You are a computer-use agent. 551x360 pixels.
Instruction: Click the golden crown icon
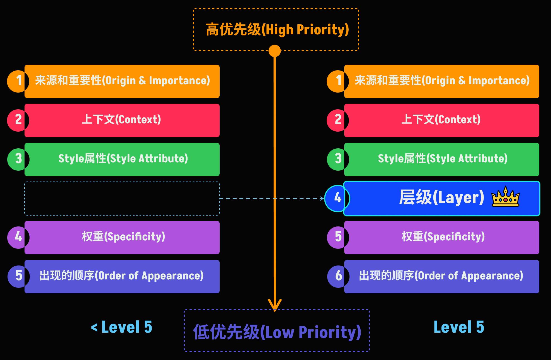pos(506,197)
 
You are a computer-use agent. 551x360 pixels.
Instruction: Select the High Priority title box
pos(276,29)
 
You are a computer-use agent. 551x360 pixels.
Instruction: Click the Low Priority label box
pos(277,330)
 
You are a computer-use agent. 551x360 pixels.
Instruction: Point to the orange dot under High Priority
pos(275,51)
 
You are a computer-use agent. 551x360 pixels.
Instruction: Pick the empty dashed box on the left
pos(122,199)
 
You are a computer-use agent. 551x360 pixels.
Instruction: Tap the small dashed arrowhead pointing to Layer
pos(322,199)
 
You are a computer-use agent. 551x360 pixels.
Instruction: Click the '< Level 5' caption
pos(122,327)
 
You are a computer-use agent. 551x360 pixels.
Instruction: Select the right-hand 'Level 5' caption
pos(459,327)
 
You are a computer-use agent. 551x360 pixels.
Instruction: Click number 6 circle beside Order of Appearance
pos(338,276)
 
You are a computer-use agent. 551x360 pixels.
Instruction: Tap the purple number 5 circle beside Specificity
pos(338,237)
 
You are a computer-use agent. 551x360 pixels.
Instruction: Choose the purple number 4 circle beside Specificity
pos(18,237)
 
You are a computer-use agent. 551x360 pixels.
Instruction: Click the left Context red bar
pos(122,120)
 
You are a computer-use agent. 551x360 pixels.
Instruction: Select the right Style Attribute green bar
pos(442,160)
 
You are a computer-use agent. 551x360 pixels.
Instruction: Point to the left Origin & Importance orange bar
pos(122,81)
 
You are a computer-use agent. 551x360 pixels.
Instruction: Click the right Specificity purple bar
pos(442,238)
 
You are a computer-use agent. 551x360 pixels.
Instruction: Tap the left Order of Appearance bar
pos(122,277)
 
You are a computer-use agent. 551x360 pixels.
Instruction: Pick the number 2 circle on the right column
pos(338,120)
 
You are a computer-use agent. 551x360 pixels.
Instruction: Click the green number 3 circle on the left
pos(18,159)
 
